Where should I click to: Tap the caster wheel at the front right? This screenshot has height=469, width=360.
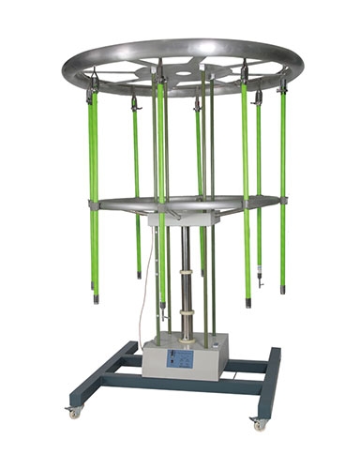click(x=259, y=423)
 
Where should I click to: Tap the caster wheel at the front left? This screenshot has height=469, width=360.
click(x=74, y=412)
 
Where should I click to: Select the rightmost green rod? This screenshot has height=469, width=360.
click(x=282, y=188)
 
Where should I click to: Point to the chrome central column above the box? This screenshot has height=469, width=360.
click(x=186, y=272)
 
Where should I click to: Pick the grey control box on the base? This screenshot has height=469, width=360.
click(x=187, y=360)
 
